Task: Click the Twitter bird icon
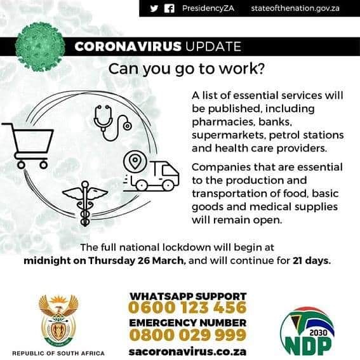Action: [x=154, y=8]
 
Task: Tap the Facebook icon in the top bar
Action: [x=170, y=8]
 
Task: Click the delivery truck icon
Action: [x=156, y=176]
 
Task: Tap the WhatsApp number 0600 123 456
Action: [x=187, y=308]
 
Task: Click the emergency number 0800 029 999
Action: [x=187, y=335]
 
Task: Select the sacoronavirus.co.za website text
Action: [x=187, y=351]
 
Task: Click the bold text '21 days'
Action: [x=311, y=261]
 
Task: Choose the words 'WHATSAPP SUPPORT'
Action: [x=187, y=296]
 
